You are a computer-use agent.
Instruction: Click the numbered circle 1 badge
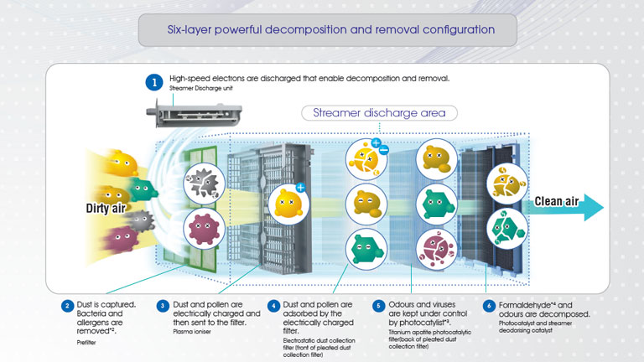[x=153, y=82]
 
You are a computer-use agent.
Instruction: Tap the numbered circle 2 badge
[x=66, y=305]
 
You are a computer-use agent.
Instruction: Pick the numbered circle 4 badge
[x=273, y=305]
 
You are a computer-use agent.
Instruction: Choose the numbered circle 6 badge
[x=487, y=305]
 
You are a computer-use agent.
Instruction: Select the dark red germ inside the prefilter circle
[x=200, y=228]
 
